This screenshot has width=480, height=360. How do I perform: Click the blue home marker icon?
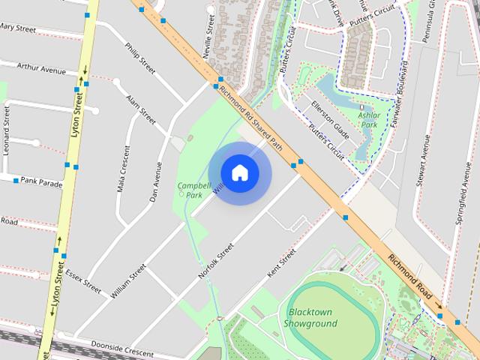239,173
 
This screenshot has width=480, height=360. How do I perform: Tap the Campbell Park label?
190,190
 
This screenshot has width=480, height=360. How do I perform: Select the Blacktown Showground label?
310,318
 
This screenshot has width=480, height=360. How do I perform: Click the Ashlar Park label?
369,121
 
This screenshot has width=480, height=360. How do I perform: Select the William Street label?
127,282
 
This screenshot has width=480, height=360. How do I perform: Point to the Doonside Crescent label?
122,351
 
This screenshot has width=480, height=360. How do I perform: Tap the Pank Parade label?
41,181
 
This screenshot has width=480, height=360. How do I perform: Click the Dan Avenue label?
156,181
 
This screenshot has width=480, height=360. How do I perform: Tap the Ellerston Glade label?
330,120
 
